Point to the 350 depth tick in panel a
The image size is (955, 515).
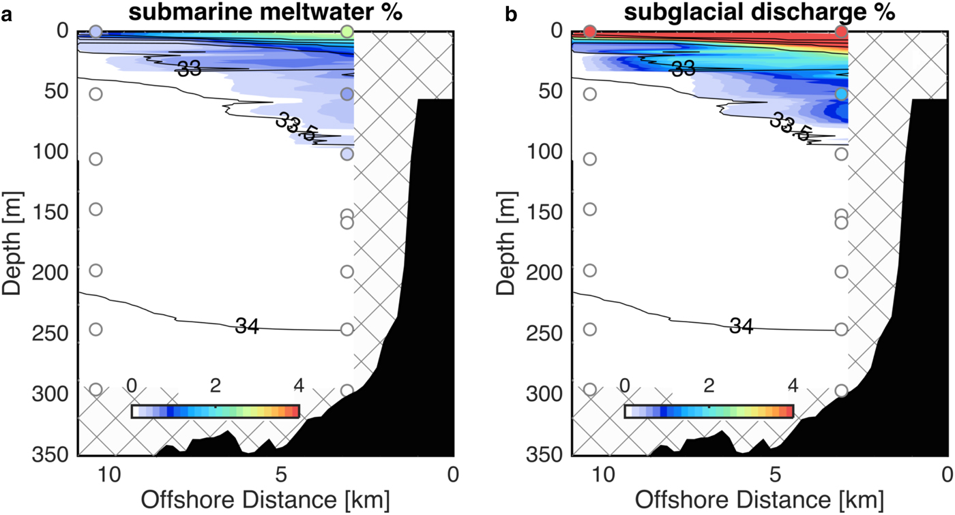tap(51, 454)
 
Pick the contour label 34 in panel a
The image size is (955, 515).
tap(246, 326)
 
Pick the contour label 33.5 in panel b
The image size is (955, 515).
tap(790, 127)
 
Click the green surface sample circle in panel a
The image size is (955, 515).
tap(347, 31)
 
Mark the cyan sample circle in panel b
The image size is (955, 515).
tap(841, 94)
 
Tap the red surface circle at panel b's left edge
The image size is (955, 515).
tap(590, 31)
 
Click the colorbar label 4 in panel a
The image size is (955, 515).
tap(298, 386)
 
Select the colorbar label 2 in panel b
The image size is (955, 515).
tap(709, 386)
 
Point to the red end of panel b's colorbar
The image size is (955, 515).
tap(788, 411)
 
